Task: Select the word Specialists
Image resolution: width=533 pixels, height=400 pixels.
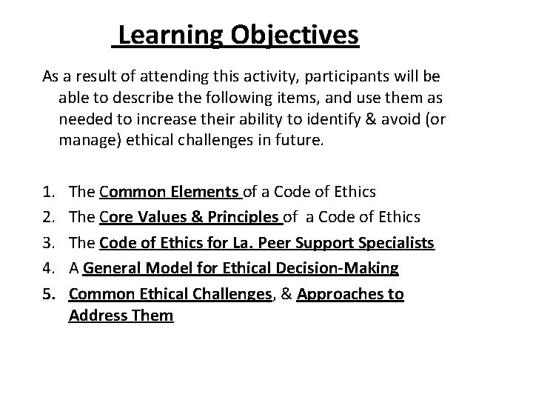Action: point(397,244)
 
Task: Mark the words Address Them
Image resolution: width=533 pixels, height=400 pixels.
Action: point(121,316)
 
